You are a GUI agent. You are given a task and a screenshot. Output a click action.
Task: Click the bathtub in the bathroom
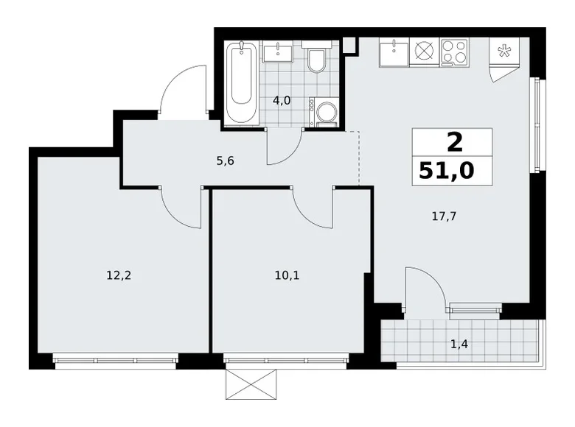(243, 83)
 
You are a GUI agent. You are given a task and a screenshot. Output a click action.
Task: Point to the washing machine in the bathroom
(324, 113)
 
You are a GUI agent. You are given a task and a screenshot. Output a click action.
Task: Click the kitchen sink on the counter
(395, 53)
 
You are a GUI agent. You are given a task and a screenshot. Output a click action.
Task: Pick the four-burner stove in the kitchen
(454, 53)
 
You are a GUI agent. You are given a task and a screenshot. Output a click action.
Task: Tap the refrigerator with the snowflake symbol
(504, 52)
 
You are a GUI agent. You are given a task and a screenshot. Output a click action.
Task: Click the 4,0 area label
(281, 101)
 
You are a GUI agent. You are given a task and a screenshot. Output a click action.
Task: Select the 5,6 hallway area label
(226, 160)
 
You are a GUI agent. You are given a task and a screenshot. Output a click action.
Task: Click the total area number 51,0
(447, 171)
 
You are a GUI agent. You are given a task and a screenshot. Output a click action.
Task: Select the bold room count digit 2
(451, 140)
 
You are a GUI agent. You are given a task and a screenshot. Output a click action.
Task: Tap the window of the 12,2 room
(116, 361)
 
